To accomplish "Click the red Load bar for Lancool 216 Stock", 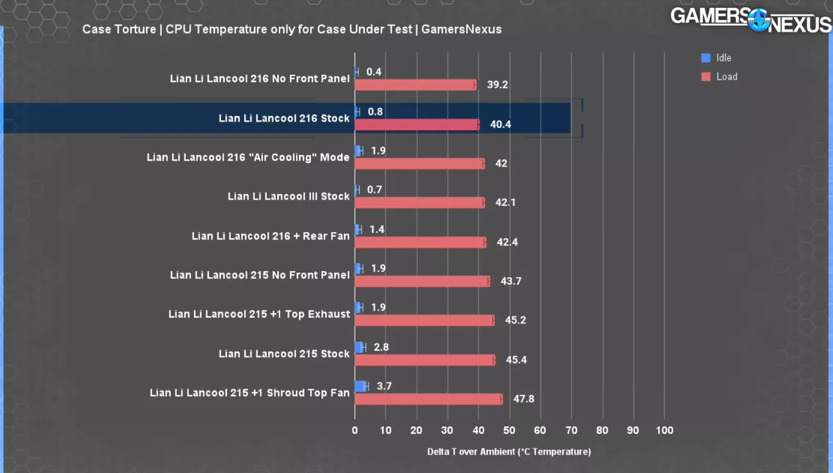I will pos(417,125).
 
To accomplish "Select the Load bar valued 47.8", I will pos(428,399).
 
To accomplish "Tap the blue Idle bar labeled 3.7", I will pos(361,386).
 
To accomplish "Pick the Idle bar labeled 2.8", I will pos(359,347).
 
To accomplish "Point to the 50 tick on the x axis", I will pos(509,430).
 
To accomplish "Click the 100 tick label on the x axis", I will pos(664,430).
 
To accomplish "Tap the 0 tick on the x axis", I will pos(355,430).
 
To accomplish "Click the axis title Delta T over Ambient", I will pos(509,451).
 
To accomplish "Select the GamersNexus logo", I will pos(751,20).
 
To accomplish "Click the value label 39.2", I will pos(497,85).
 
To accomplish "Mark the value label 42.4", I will pos(507,242).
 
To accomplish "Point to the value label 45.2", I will pos(515,320).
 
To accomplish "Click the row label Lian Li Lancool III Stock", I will pos(288,197).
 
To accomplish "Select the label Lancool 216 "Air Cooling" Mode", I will pos(248,158).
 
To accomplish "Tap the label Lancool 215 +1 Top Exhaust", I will pos(259,314).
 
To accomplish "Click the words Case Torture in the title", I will pos(119,29).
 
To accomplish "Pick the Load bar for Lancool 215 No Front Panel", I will pos(422,282).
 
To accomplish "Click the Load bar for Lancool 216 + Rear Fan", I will pos(420,242).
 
